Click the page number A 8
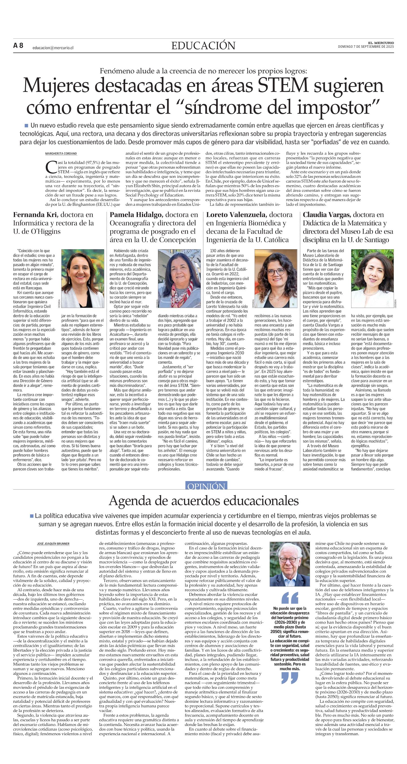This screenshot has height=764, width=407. (x=18, y=46)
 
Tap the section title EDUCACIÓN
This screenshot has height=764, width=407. (x=203, y=46)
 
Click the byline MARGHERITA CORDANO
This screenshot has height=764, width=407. (x=61, y=154)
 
